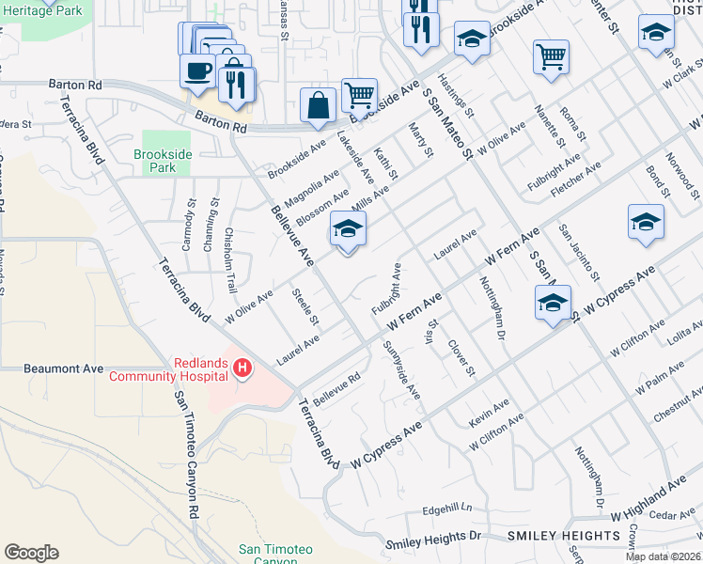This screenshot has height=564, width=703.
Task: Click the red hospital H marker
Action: pyautogui.click(x=242, y=368)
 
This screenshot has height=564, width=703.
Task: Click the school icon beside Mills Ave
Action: pyautogui.click(x=348, y=229)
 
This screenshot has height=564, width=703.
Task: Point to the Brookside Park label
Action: pyautogui.click(x=155, y=160)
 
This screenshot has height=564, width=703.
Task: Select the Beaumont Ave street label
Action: pyautogui.click(x=64, y=368)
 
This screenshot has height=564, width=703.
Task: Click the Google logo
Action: pyautogui.click(x=31, y=553)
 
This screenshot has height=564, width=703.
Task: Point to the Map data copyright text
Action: pyautogui.click(x=664, y=556)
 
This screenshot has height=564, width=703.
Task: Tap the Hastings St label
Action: pyautogui.click(x=456, y=91)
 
